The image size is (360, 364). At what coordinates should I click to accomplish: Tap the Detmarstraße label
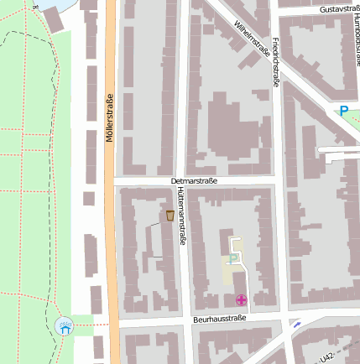coord(194,181)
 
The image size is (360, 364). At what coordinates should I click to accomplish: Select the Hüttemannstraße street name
coord(181,216)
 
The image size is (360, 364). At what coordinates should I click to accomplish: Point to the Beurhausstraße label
coord(218,319)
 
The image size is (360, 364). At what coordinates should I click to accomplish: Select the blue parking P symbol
coord(342,111)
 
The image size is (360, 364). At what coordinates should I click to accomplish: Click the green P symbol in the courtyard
coord(232,259)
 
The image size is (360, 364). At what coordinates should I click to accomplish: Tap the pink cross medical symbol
coord(241,299)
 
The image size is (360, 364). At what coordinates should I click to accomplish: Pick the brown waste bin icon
coord(170,216)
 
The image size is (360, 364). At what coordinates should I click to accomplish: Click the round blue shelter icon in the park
coord(65,327)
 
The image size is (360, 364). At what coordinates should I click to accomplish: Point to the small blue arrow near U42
coord(295,324)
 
